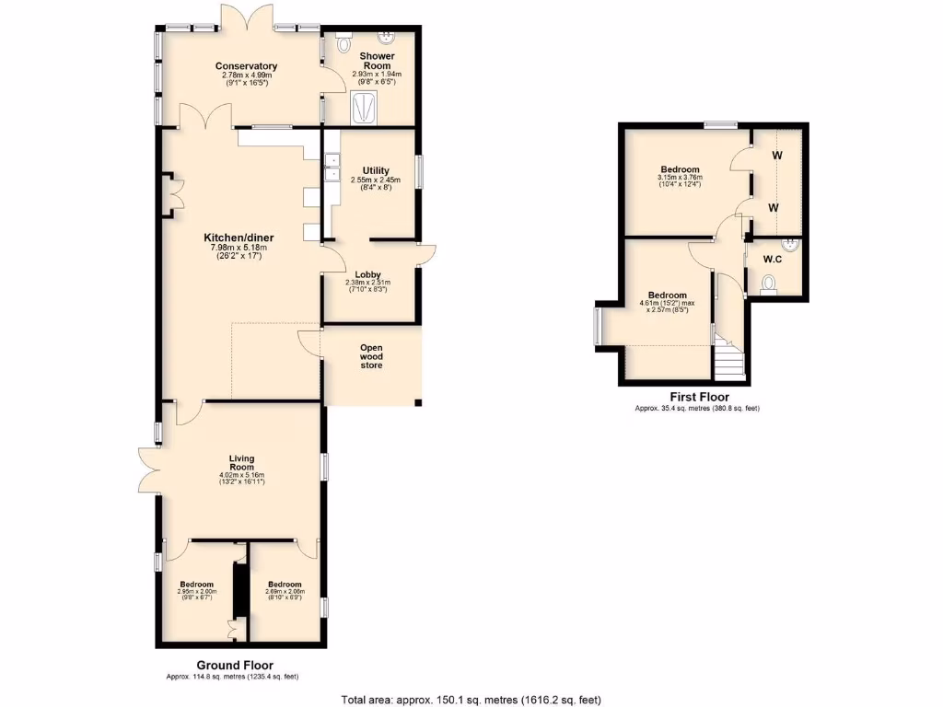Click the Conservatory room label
pos(246,66)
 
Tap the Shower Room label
pos(377,61)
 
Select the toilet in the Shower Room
pos(344,42)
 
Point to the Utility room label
pos(376,170)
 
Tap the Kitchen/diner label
pos(239,238)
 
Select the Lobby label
pos(366,274)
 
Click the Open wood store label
pos(371,356)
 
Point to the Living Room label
pos(242,462)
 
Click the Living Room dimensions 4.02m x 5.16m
pos(242,477)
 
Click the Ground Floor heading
pos(235,665)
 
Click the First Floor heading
pos(699,397)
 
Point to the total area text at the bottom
pos(471,699)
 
